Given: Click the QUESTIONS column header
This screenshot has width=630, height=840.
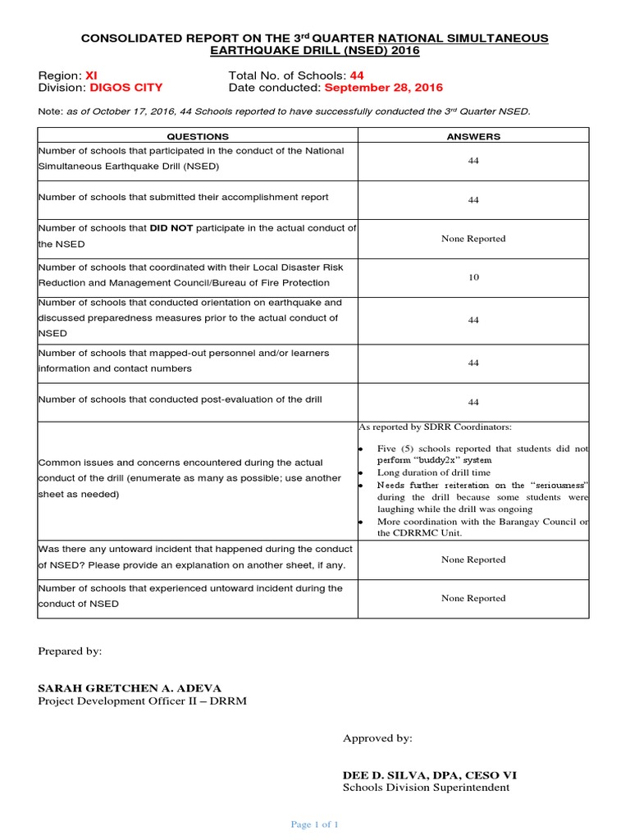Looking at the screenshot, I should coord(198,136).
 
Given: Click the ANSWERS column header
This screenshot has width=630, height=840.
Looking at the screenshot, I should coord(473,136).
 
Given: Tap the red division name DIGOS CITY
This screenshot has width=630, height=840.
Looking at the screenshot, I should coord(126,88).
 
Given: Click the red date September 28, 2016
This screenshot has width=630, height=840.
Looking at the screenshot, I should coord(383,88).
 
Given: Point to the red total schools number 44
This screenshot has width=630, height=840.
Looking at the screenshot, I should coord(357,75).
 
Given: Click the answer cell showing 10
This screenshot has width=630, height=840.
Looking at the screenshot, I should coord(473,277).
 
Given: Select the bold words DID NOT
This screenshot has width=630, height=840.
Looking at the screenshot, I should coord(172,228).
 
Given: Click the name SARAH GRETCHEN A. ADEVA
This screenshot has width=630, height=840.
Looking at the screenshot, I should coord(130,687).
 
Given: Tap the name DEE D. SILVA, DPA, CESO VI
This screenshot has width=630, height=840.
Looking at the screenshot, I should coord(429,774).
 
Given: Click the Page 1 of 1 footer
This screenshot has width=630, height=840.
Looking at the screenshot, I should coord(315,824).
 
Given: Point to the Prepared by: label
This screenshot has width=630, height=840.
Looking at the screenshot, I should coord(70,651).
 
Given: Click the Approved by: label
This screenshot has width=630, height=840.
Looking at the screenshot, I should coord(377,738).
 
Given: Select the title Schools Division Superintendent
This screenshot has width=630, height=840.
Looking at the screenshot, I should coord(426,787).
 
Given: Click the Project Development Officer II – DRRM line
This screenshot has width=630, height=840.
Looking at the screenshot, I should coord(142,701).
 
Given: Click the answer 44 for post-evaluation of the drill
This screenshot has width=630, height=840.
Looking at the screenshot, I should coord(473,402).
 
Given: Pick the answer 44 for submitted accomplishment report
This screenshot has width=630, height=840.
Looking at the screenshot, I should coord(473,199).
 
